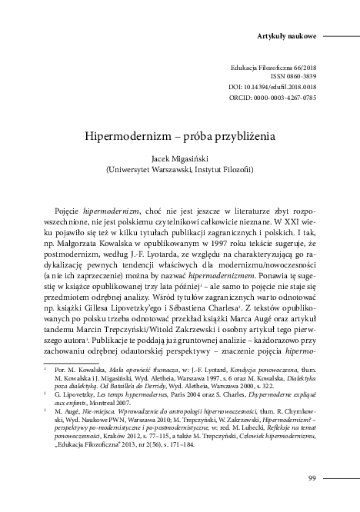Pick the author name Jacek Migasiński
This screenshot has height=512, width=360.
[180, 155]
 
